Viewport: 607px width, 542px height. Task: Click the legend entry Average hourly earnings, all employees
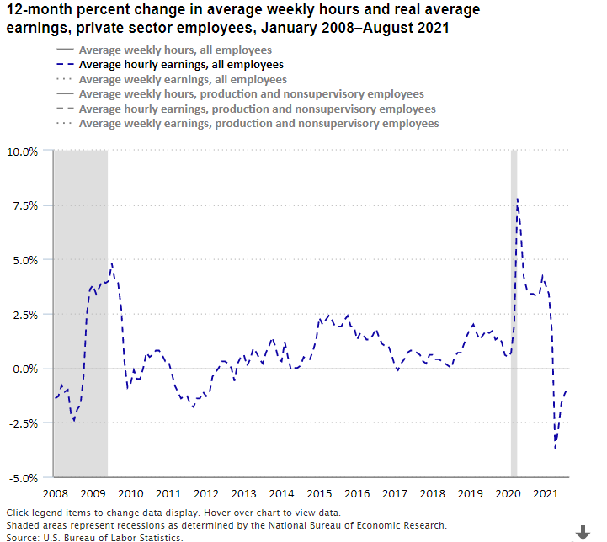(180, 64)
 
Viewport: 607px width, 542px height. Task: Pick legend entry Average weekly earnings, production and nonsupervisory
(258, 124)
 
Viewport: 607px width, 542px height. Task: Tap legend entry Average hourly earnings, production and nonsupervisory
(257, 109)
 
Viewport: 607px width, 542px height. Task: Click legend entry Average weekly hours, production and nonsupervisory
(251, 94)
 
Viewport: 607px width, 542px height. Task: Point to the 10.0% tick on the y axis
(23, 151)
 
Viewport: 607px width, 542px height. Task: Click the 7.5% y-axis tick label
(24, 206)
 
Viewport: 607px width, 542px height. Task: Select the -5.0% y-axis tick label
(23, 478)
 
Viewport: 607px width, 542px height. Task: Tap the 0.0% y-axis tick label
(24, 369)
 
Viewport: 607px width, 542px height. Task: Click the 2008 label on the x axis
(55, 493)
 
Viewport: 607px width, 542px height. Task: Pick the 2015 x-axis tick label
(319, 493)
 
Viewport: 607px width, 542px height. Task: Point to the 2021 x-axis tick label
(546, 493)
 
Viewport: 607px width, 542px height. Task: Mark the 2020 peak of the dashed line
(517, 199)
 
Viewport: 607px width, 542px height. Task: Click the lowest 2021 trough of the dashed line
(555, 448)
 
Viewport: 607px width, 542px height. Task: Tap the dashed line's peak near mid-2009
(111, 264)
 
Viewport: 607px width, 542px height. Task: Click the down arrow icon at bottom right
(583, 532)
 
